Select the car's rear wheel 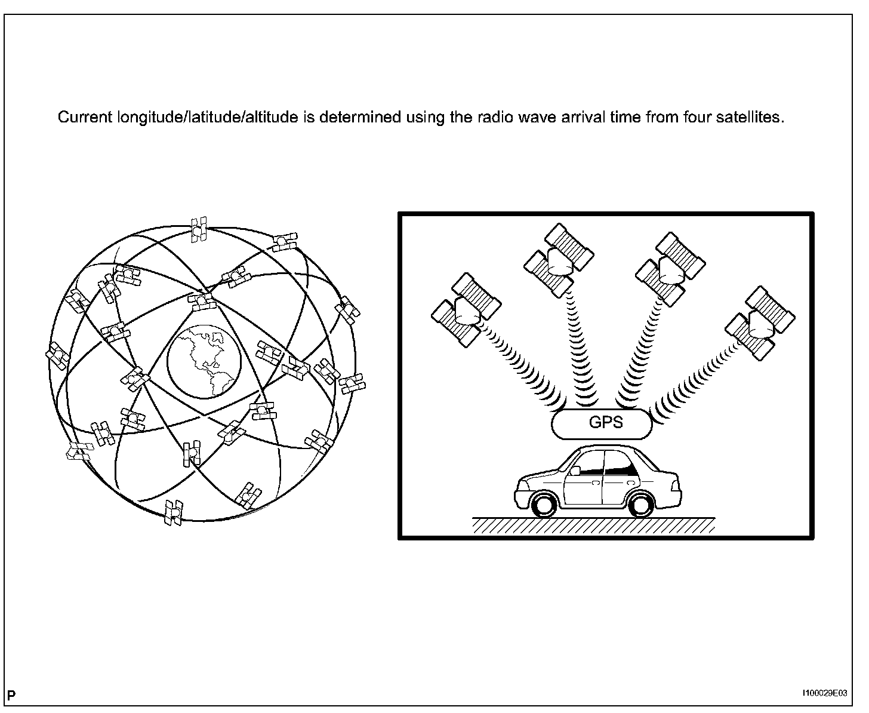(640, 503)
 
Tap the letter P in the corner (11, 695)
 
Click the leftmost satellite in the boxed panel (466, 309)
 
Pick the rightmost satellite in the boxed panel (760, 322)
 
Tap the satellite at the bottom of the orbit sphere (174, 512)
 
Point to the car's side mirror (575, 471)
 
